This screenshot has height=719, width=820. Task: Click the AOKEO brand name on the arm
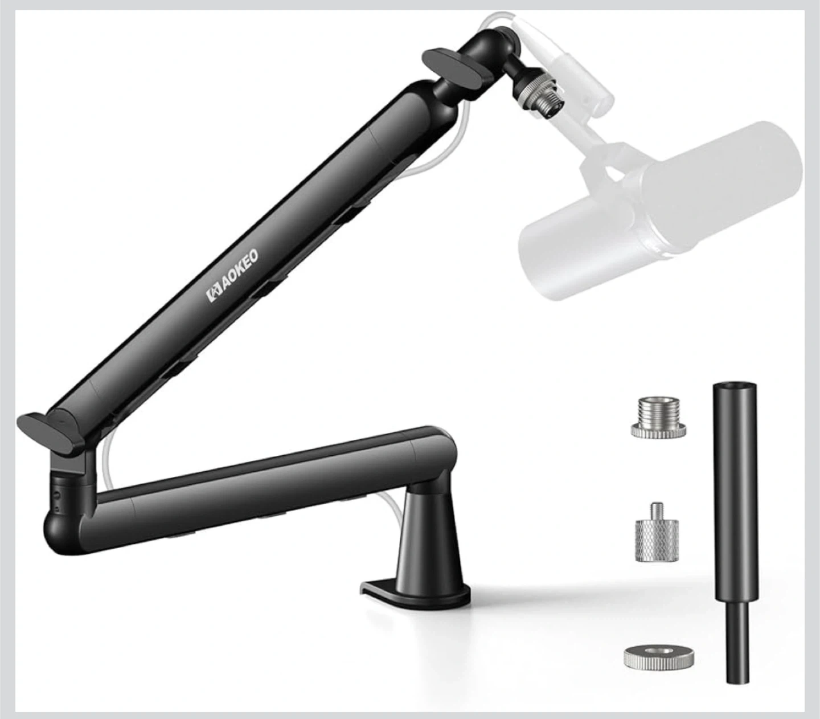tap(240, 273)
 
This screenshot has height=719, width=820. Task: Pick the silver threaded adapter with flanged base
tap(658, 417)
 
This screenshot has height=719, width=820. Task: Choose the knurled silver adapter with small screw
tap(657, 533)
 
